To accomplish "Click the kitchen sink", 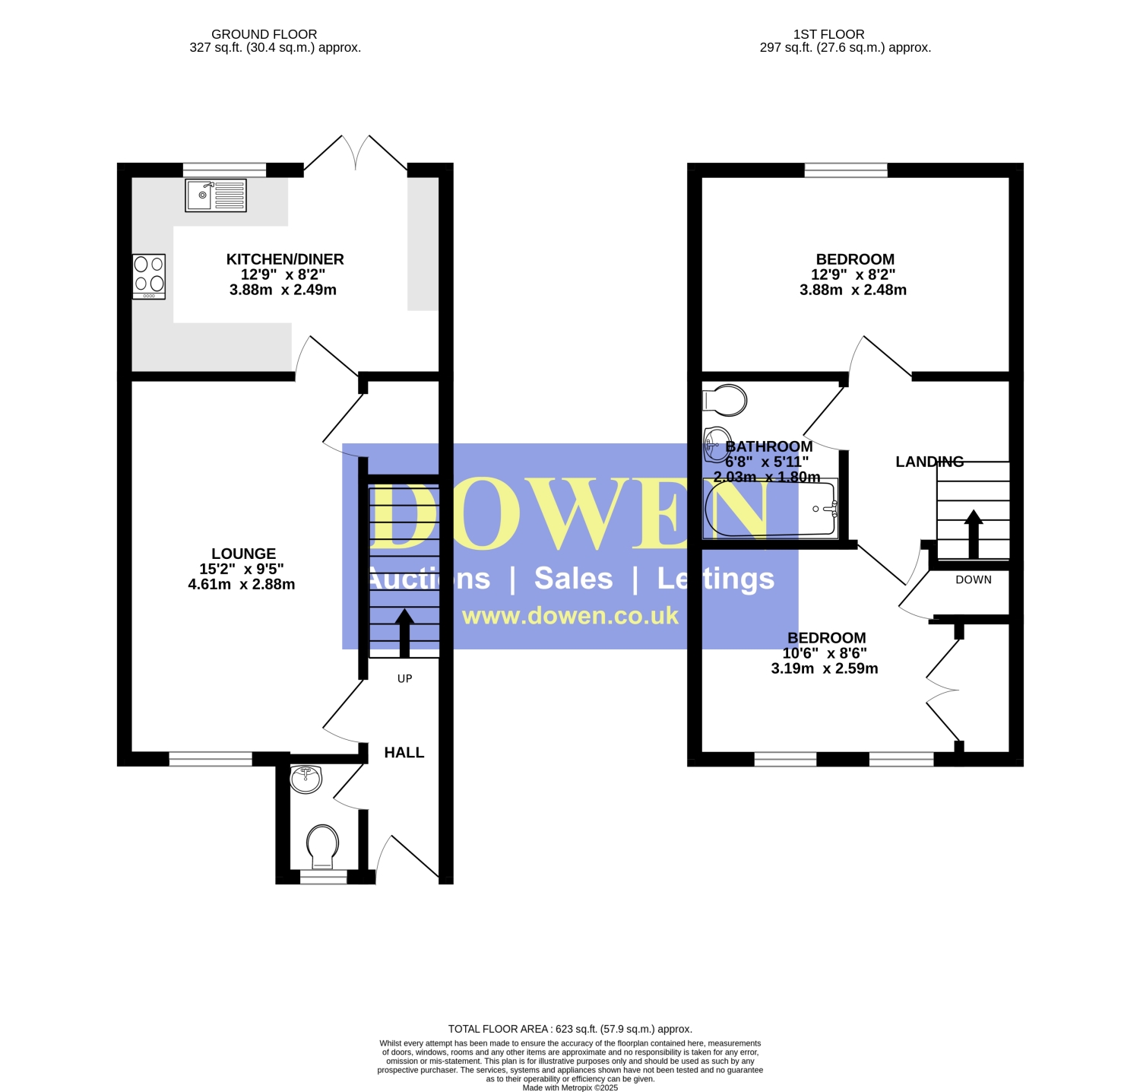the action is pos(216,195).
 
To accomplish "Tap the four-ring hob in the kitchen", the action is pos(149,276).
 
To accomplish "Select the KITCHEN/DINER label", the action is pos(285,259).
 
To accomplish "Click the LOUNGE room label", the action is pos(243,554).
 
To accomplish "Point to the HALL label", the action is pos(404,752).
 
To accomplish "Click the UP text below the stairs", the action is pos(404,678).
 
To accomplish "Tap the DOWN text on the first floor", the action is pos(974,579).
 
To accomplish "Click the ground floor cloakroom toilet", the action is pos(322,846).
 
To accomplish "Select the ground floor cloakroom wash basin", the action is pos(306,779).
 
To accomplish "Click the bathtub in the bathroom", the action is pos(771,509).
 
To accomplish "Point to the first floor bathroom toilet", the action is pos(725,400).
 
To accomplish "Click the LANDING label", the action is pos(929,462).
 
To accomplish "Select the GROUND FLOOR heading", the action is pos(264,34).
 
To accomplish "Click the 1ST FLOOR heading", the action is pos(828,34).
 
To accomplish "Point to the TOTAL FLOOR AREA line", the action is pos(570,1029).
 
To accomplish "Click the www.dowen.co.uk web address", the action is pos(570,615).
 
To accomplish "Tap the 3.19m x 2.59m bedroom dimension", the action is pos(825,668).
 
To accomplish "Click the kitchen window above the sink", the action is pos(224,170).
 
